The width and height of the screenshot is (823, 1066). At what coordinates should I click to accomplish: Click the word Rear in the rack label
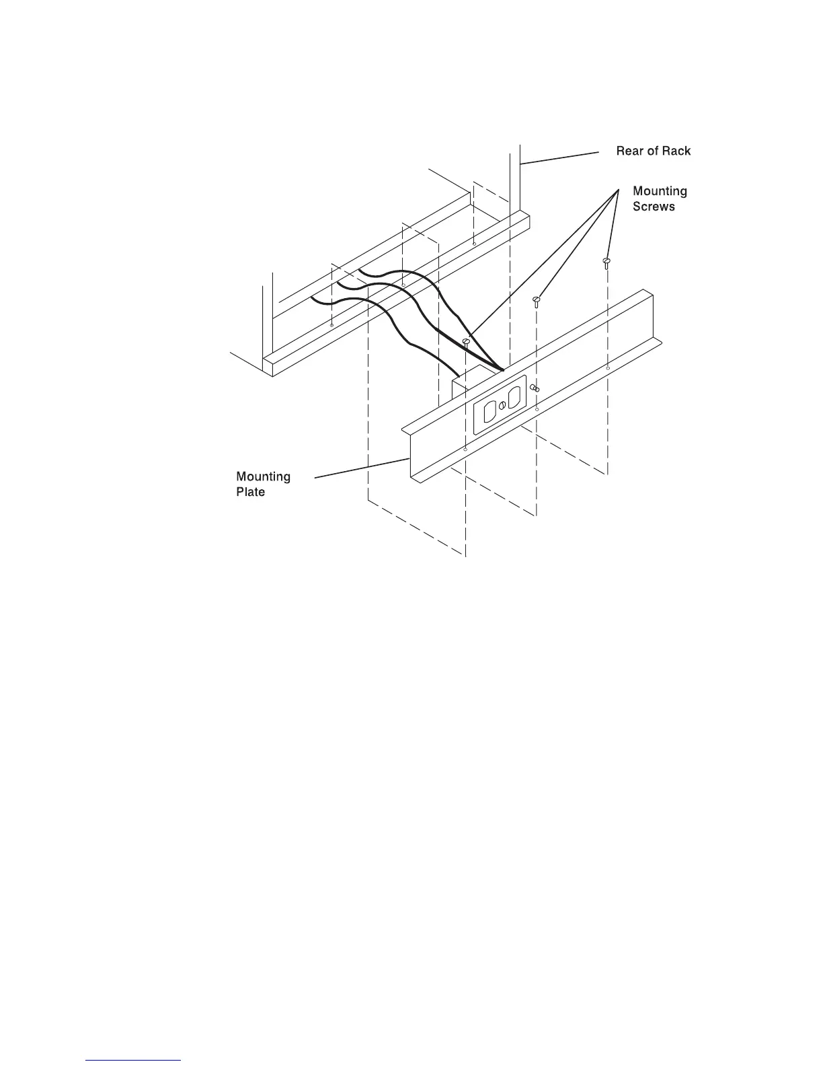(630, 151)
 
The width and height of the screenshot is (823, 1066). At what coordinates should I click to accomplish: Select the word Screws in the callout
(654, 207)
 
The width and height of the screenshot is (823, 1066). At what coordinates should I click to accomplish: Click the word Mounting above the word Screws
(660, 191)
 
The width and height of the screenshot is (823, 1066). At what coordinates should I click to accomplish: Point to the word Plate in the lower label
(250, 492)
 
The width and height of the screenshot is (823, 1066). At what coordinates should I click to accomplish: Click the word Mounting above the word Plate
(263, 476)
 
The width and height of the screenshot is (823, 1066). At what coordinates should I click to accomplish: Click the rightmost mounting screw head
(606, 261)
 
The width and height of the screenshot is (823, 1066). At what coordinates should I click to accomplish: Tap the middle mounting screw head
(537, 299)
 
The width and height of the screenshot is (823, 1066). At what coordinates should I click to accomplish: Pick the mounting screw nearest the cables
(466, 343)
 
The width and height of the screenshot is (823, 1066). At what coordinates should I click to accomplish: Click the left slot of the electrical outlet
(490, 412)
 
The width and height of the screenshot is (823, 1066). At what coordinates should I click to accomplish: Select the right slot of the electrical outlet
(516, 397)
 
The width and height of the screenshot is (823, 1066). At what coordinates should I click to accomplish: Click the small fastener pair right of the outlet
(534, 388)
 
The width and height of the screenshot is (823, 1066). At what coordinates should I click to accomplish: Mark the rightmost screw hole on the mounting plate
(608, 368)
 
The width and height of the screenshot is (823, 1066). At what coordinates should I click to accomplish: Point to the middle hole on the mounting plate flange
(537, 409)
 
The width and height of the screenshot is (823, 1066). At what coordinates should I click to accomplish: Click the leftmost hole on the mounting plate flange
(466, 449)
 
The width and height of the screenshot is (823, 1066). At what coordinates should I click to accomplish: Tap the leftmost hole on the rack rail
(332, 325)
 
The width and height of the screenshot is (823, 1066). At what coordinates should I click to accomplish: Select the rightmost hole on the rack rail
(474, 244)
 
